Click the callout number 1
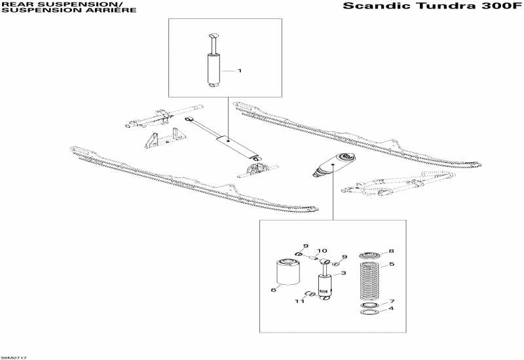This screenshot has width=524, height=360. click(239, 70)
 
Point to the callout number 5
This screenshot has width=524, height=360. click(391, 264)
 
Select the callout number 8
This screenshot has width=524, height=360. click(391, 251)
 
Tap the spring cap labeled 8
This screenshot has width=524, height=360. click(369, 254)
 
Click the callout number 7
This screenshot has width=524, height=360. click(391, 301)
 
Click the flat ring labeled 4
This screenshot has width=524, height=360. click(369, 313)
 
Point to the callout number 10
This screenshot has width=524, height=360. click(322, 251)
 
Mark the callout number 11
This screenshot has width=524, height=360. click(299, 301)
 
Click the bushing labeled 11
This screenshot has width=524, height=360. click(312, 294)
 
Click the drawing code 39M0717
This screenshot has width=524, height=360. click(13, 357)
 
